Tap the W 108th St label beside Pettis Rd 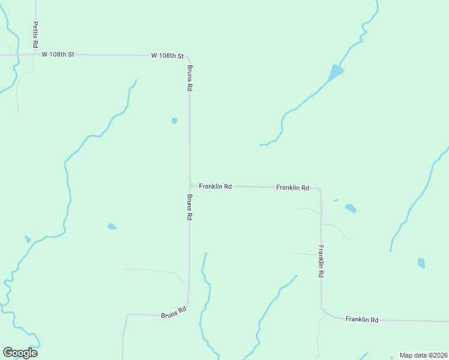tap(58, 55)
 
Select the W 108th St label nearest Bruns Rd tap(167, 55)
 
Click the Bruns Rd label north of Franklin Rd tap(190, 77)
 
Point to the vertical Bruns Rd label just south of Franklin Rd tap(190, 206)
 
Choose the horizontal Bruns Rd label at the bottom tap(174, 314)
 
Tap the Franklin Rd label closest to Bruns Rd tap(215, 187)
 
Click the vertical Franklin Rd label tap(321, 261)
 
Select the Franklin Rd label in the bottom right tap(362, 320)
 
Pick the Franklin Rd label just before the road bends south tap(292, 188)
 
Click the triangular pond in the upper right tap(334, 74)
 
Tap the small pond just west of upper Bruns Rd tap(174, 121)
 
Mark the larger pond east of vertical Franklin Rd tap(351, 208)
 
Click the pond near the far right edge tap(421, 263)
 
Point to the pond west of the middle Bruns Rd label tap(112, 227)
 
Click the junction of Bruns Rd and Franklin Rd tap(190, 185)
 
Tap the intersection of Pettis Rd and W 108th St tap(35, 55)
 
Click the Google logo tap(20, 352)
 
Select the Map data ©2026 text tap(423, 355)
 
